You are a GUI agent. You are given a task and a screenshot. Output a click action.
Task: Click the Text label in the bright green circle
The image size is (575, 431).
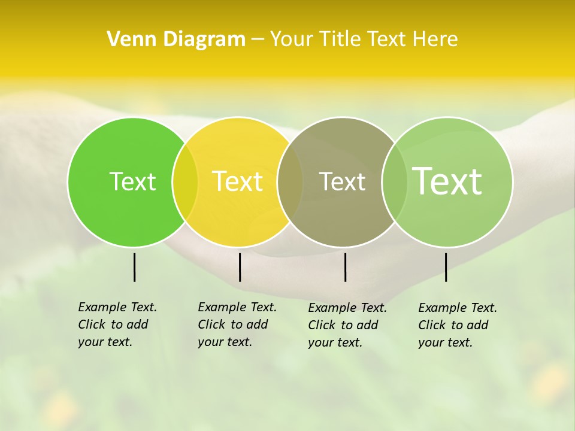(132, 181)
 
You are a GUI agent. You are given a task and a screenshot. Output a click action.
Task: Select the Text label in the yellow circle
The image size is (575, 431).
(237, 181)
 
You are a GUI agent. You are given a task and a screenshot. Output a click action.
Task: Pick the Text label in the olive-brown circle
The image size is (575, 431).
(342, 181)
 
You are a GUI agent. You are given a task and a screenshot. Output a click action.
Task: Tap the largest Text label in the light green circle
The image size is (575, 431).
(447, 181)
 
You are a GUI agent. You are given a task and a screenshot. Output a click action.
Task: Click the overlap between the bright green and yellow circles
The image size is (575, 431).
(185, 181)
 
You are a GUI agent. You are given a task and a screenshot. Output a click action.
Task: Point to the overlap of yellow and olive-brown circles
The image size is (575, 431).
(290, 181)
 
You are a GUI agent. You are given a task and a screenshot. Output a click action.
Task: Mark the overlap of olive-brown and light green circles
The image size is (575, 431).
(394, 181)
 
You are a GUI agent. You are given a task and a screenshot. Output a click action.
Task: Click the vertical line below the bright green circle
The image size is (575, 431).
(134, 267)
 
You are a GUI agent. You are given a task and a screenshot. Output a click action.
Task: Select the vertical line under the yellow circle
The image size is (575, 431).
(240, 267)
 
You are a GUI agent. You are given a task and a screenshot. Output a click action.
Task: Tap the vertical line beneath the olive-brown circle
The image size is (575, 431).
(345, 267)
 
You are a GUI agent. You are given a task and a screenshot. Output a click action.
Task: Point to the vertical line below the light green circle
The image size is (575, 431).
(446, 267)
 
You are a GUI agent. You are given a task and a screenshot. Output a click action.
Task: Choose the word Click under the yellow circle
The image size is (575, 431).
(211, 324)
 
